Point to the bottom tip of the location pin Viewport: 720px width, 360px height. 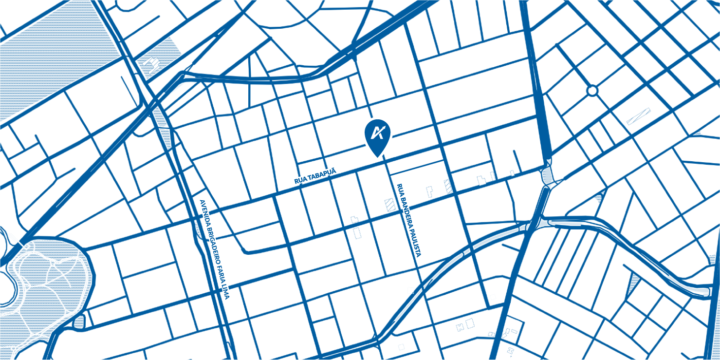tap(377, 156)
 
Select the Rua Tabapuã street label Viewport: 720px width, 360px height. tap(315, 176)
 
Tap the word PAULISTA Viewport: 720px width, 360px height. tap(414, 245)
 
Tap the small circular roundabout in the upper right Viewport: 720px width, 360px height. tap(592, 91)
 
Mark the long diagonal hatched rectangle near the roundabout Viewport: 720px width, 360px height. tap(638, 116)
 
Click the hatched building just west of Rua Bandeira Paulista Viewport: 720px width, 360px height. tap(390, 205)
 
